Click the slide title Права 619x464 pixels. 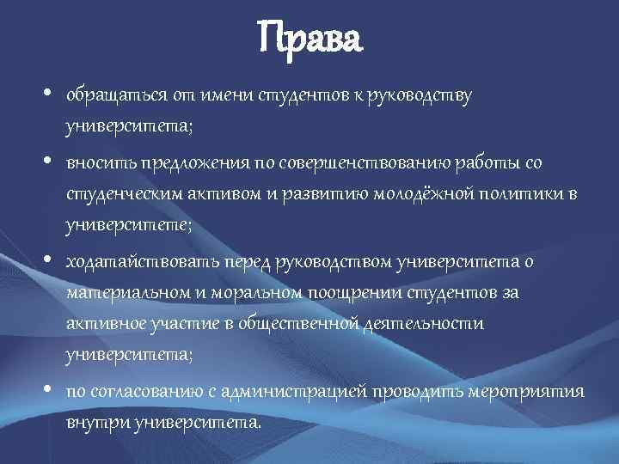[x=309, y=38]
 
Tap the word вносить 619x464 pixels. [x=97, y=163]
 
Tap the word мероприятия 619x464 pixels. [x=527, y=391]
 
